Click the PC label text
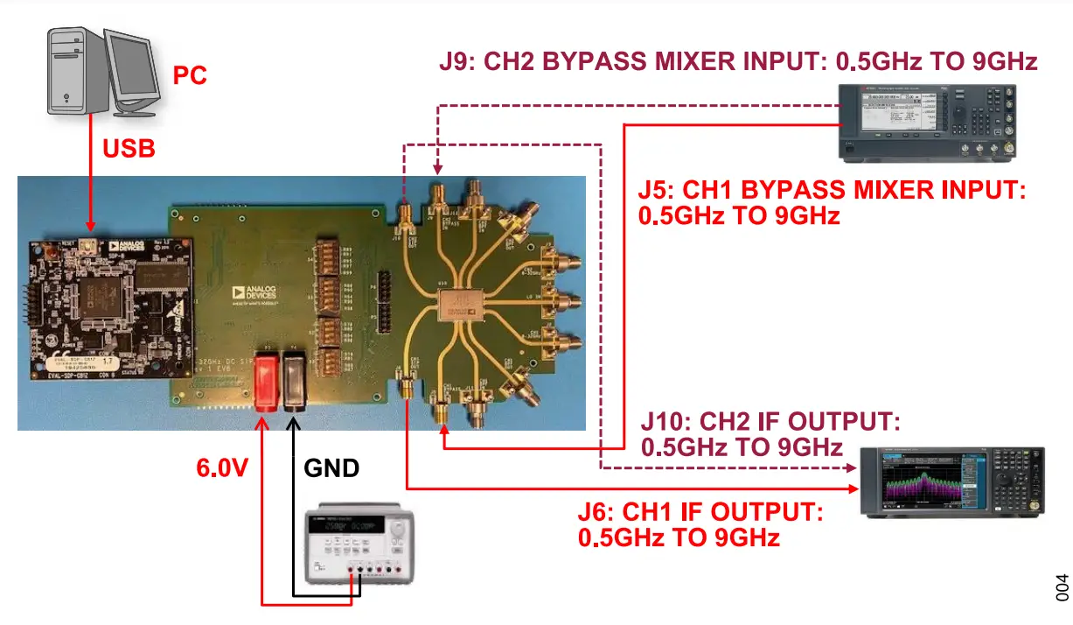190,75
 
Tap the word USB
129,150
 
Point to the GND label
331,468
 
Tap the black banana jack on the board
292,381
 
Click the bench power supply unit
356,547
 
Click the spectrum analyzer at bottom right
951,482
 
